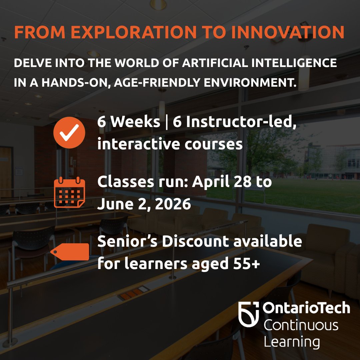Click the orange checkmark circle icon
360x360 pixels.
point(69,132)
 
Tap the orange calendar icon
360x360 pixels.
point(69,192)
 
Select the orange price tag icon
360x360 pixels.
point(70,252)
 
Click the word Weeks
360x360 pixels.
point(135,122)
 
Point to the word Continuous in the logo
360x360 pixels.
point(301,325)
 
